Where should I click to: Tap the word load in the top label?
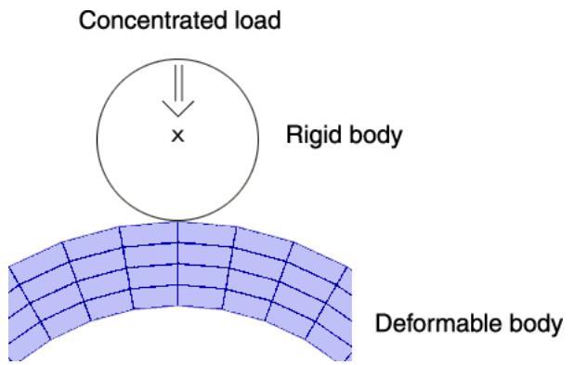pos(257,20)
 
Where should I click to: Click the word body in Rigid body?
pos(375,136)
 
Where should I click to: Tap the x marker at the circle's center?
pos(178,137)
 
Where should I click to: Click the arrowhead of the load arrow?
pos(178,109)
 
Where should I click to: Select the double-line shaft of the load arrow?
pos(178,83)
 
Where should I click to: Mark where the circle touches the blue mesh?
pos(178,221)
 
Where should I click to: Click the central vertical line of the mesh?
pos(178,264)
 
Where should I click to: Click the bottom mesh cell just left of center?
pos(155,296)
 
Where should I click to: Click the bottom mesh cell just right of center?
pos(202,296)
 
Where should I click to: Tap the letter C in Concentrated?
pos(88,20)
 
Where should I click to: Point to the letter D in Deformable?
pos(384,323)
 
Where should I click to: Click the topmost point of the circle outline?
pos(178,59)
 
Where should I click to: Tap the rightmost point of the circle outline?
pos(259,139)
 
